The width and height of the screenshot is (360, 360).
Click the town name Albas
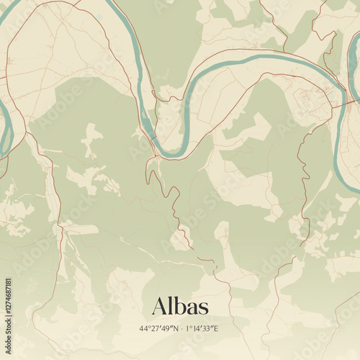tap(180, 307)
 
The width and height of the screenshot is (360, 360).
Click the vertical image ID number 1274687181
tap(9, 312)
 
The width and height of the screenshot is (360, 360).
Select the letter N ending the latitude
tap(176, 329)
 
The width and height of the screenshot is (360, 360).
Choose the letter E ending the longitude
tap(215, 329)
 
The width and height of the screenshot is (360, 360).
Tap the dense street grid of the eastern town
tap(310, 101)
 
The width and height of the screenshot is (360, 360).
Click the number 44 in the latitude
tap(144, 329)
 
